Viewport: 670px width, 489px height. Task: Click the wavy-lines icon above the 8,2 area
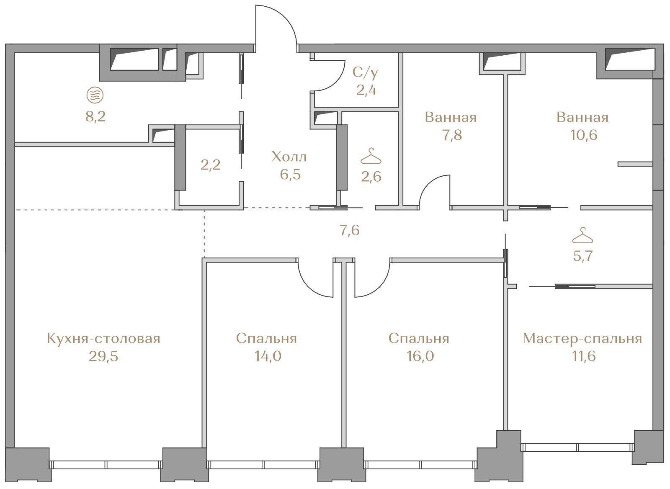95,95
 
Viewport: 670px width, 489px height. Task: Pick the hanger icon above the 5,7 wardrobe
582,235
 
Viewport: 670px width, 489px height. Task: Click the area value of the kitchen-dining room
103,356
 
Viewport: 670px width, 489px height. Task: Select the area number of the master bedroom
584,356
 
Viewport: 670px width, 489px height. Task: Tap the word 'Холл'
289,157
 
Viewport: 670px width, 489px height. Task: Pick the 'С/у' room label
365,73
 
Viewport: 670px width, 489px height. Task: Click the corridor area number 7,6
349,230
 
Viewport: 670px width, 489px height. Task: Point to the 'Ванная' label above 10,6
582,117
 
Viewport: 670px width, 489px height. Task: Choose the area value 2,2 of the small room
210,165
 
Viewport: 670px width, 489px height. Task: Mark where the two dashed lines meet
205,210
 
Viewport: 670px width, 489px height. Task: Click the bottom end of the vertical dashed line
205,258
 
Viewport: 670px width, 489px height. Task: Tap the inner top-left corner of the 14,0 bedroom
207,263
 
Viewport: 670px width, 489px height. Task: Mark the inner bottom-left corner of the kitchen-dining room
14,448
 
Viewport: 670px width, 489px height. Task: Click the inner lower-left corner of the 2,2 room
180,205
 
